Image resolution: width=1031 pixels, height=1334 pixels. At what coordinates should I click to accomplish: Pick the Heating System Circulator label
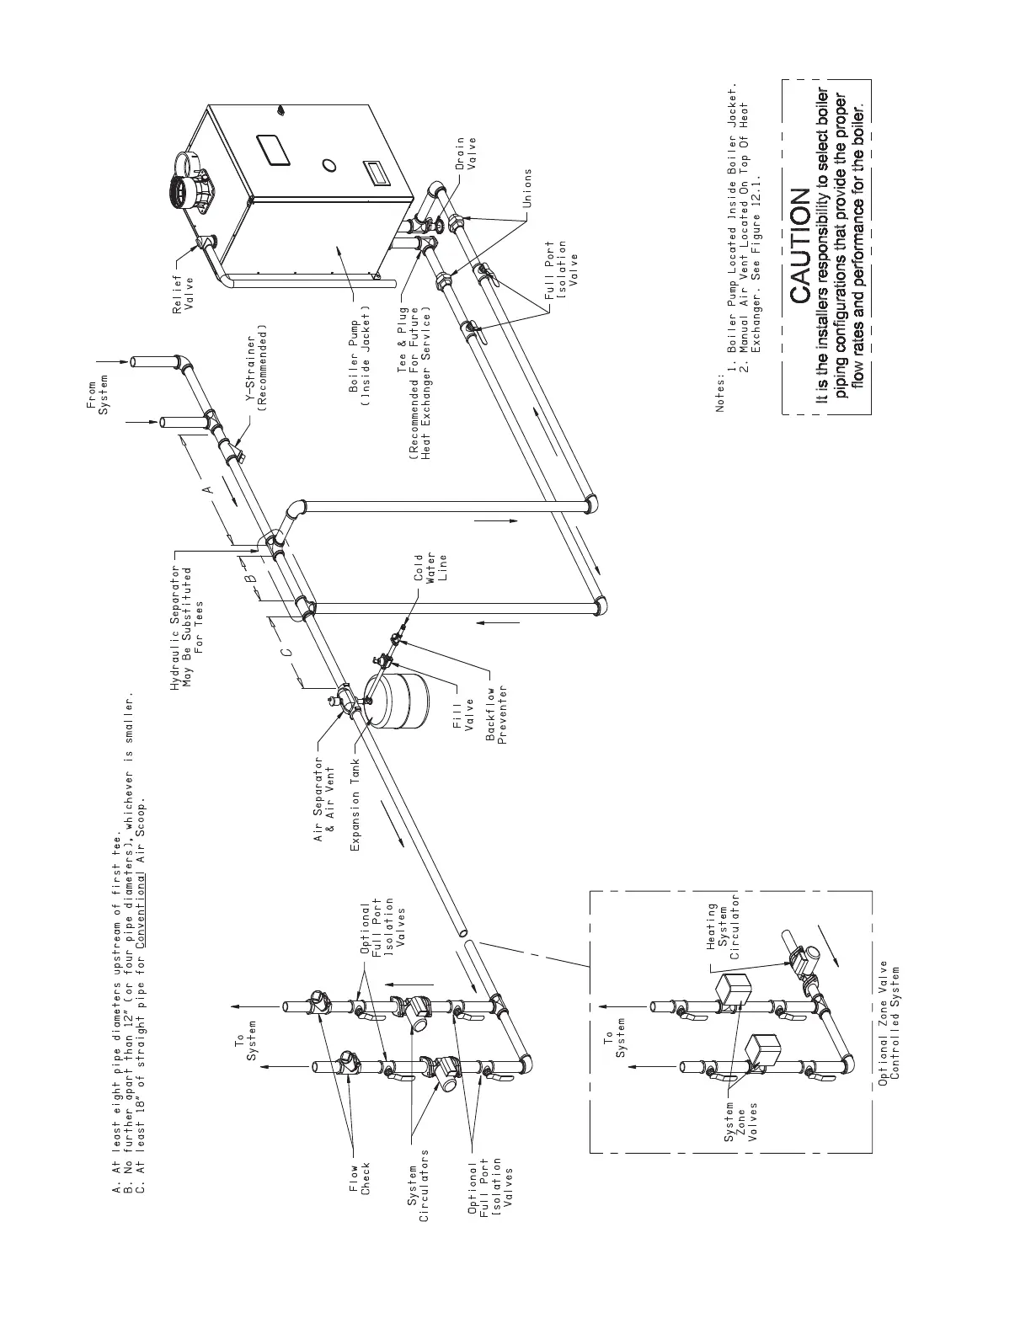pos(722,932)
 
